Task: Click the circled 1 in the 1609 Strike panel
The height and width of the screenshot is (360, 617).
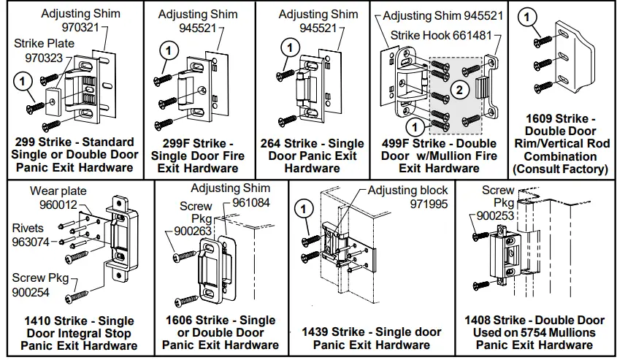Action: point(531,16)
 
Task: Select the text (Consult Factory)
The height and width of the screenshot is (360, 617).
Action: point(560,169)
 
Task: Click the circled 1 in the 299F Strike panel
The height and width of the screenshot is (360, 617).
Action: point(168,50)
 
